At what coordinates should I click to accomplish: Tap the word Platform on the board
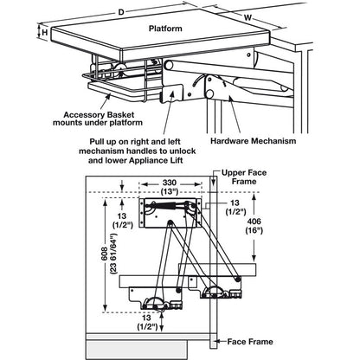click(x=165, y=29)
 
